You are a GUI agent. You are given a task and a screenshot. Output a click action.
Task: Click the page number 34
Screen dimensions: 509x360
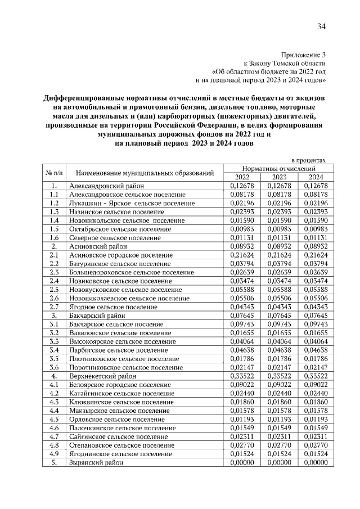(321, 26)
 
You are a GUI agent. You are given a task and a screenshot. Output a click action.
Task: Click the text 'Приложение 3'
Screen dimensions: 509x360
(303, 55)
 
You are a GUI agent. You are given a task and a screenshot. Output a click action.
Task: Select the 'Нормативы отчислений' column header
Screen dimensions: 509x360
(278, 168)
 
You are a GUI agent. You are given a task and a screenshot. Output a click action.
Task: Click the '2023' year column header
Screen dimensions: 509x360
(280, 177)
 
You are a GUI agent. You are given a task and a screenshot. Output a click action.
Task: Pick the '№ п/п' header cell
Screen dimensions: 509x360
(54, 172)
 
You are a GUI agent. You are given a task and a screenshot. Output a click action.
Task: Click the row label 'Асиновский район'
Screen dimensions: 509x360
(97, 246)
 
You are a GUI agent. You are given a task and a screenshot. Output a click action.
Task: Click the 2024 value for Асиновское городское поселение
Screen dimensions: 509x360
(315, 255)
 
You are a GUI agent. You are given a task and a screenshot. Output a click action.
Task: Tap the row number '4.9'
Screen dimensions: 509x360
(54, 453)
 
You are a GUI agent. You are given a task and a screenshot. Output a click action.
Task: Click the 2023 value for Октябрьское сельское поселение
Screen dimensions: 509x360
(280, 229)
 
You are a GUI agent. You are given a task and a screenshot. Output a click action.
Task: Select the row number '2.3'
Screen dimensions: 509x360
(54, 272)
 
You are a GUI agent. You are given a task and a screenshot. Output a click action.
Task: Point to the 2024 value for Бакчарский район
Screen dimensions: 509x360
(315, 316)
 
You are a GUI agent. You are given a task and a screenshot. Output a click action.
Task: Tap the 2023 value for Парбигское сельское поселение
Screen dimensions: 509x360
(280, 350)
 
